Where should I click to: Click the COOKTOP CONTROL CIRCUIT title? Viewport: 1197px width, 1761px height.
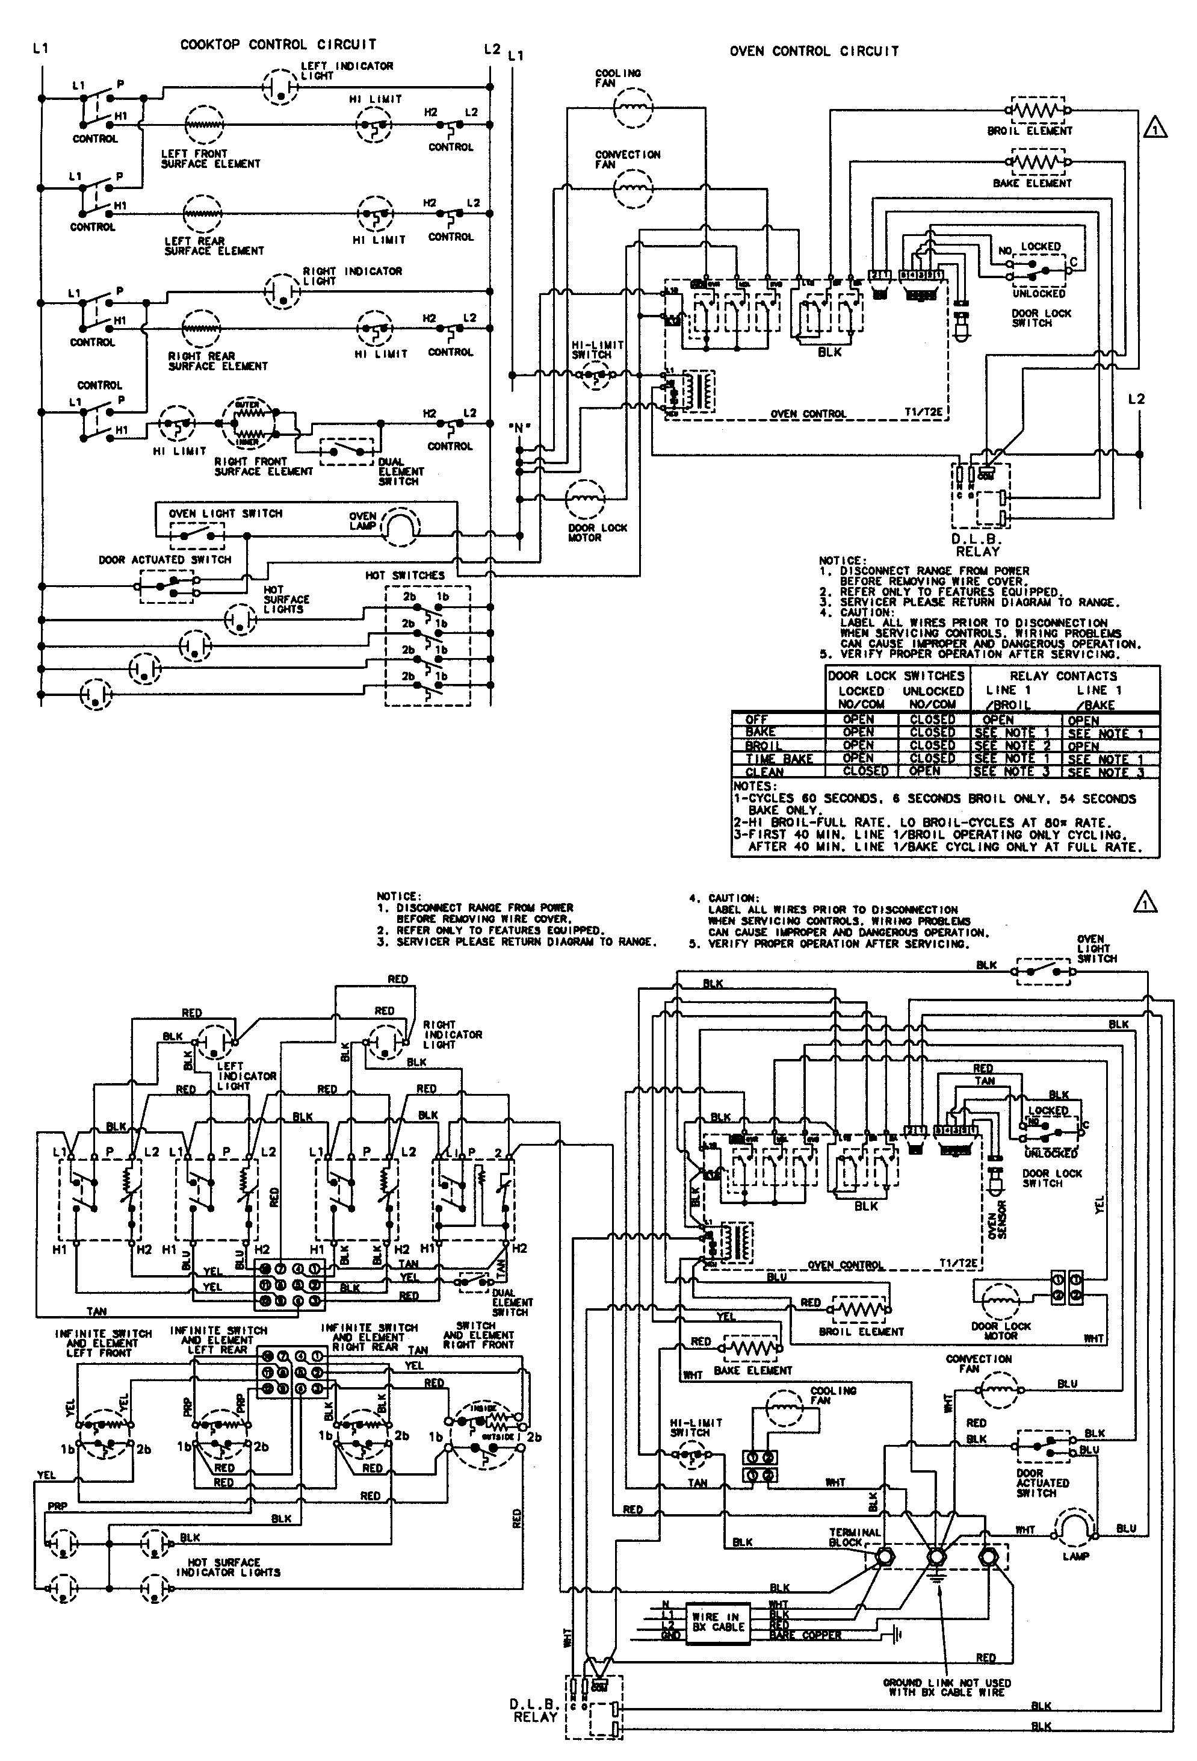(277, 45)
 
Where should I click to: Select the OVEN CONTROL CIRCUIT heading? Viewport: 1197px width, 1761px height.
(814, 52)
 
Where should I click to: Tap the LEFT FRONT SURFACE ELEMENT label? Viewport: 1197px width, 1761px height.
(210, 158)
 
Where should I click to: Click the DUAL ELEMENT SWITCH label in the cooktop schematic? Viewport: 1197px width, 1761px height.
(401, 471)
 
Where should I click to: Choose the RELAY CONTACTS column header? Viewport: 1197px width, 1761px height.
(1063, 675)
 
